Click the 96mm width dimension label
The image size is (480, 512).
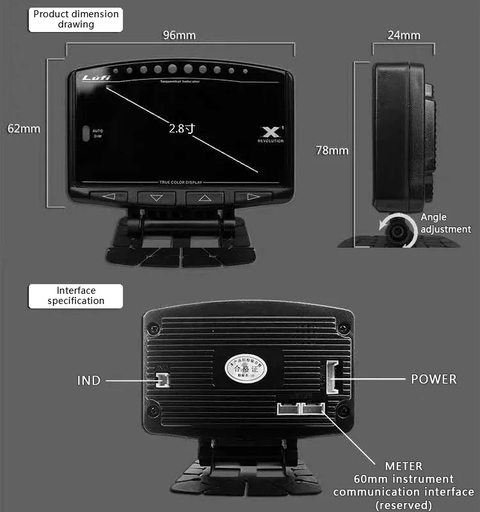click(179, 35)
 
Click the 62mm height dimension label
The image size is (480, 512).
click(24, 129)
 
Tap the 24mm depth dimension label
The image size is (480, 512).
click(403, 35)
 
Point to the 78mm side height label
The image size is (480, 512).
click(332, 150)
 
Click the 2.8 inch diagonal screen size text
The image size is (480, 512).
click(182, 128)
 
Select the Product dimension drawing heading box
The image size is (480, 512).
click(76, 19)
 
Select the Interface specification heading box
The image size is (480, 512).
click(76, 296)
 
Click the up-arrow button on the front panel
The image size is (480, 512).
click(205, 198)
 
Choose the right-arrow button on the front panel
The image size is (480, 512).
click(253, 197)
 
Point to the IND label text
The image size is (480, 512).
click(89, 380)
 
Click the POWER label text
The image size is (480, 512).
click(434, 379)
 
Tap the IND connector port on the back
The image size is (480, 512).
click(161, 381)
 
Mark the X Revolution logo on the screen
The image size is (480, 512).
click(271, 132)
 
